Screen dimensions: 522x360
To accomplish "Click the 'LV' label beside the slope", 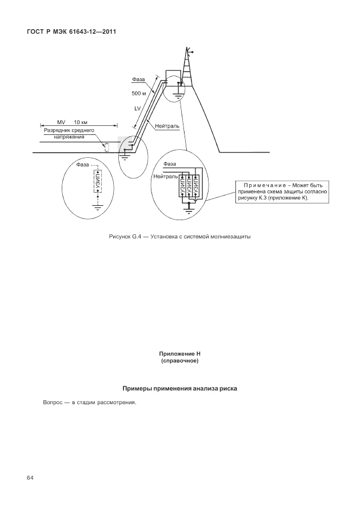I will [x=137, y=107].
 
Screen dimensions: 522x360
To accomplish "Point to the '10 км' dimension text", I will [x=81, y=122].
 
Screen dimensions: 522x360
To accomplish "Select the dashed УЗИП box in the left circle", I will [x=98, y=184].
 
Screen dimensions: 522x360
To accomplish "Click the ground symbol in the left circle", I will [x=98, y=209].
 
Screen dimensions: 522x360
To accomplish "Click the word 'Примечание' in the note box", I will [x=263, y=185].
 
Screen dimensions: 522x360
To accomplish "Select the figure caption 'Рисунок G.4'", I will [x=123, y=237].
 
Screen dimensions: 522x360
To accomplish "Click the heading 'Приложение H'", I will [x=180, y=354].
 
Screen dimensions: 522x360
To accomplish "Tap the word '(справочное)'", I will [x=180, y=361].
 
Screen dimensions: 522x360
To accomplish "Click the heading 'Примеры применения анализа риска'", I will [x=180, y=388].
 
